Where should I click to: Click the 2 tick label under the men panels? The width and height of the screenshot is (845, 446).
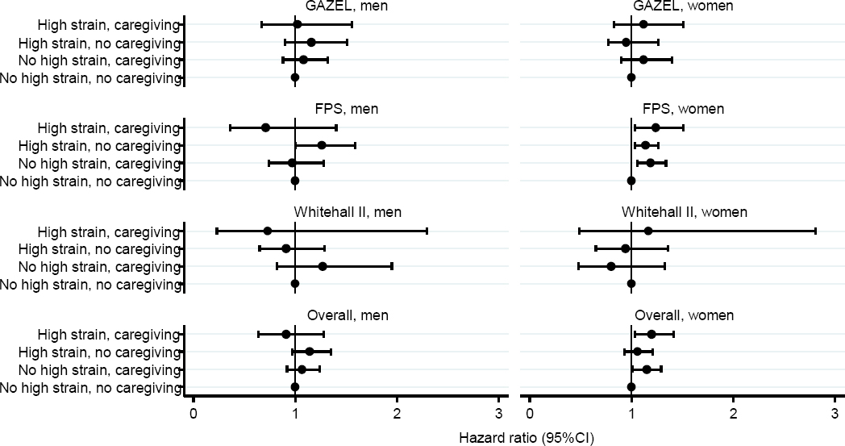397,414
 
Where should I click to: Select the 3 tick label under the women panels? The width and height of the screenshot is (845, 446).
835,414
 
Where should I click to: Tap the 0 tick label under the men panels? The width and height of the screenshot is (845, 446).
194,414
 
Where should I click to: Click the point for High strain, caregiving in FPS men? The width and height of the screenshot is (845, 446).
265,127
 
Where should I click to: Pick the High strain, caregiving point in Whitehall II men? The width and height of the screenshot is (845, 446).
268,231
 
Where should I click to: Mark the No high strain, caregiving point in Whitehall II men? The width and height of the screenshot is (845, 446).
323,266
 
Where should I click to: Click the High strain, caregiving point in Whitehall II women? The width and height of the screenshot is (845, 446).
648,231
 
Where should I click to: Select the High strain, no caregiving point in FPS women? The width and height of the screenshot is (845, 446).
645,145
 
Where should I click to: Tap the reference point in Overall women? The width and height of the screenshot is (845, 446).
631,387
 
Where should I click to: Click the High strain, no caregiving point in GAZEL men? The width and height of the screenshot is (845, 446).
311,42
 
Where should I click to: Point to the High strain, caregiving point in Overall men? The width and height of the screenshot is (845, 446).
285,334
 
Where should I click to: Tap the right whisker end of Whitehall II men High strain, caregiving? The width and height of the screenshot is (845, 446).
427,231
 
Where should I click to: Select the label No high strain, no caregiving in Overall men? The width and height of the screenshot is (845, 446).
90,387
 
